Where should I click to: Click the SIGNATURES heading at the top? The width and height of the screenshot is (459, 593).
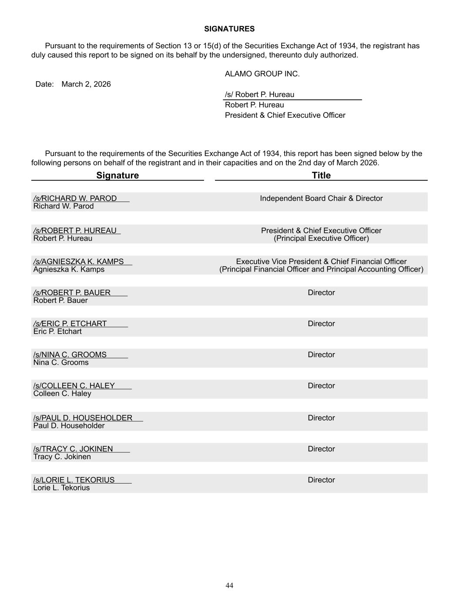(x=229, y=29)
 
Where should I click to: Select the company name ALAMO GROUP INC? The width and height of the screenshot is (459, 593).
(x=262, y=74)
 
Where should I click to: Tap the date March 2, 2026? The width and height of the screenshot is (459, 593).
(x=86, y=84)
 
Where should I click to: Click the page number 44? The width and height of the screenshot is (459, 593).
(x=229, y=586)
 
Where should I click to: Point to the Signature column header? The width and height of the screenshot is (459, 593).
(x=117, y=176)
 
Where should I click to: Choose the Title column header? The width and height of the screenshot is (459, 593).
(x=321, y=176)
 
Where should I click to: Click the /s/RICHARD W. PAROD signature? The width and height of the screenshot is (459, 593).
(x=75, y=199)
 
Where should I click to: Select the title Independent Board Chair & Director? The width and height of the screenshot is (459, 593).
(x=321, y=199)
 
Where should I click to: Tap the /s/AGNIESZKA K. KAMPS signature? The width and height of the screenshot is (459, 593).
(x=78, y=262)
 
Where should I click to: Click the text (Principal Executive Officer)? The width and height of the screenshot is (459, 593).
(x=321, y=239)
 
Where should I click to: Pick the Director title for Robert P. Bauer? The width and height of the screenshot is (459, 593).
(x=321, y=293)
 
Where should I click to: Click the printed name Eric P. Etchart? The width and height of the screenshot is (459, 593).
(x=57, y=331)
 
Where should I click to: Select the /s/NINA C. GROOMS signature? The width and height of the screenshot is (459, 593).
(x=70, y=355)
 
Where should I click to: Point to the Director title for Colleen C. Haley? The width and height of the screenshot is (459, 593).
(x=321, y=386)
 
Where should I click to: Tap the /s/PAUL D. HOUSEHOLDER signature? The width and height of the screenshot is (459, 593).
(x=83, y=418)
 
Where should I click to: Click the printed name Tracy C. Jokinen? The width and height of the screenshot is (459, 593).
(x=62, y=457)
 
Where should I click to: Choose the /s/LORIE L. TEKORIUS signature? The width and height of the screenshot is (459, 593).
(x=74, y=480)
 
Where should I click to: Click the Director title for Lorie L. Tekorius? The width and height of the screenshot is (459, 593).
(x=321, y=480)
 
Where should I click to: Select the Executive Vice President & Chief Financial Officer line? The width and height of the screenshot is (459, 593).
(x=321, y=262)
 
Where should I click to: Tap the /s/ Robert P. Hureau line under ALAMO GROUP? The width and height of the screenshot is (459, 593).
(x=260, y=95)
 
